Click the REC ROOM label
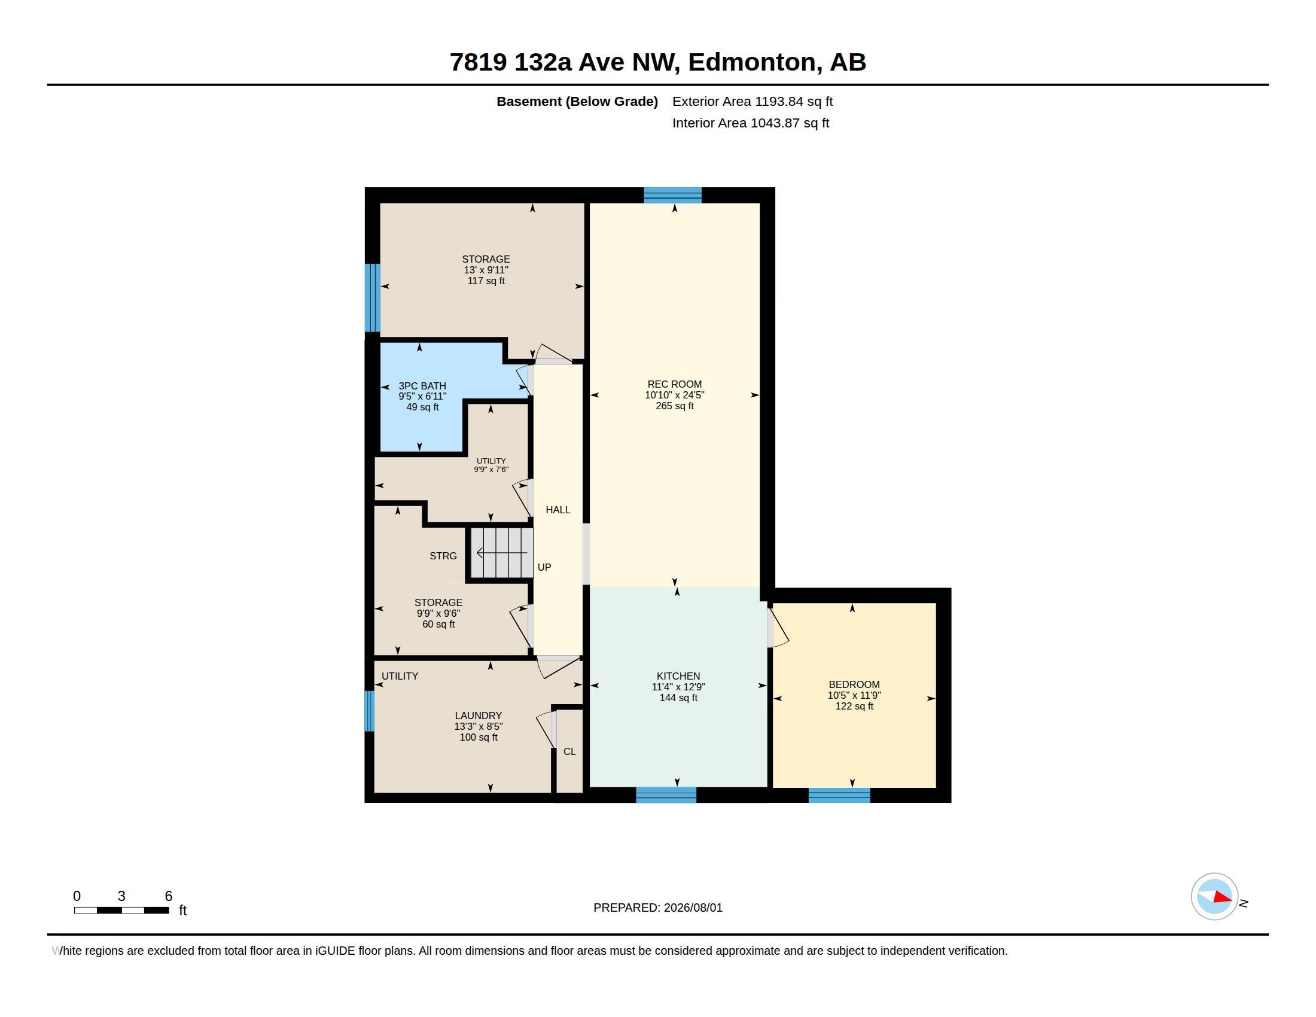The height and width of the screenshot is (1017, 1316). (x=674, y=384)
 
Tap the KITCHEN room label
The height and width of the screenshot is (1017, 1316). (x=678, y=676)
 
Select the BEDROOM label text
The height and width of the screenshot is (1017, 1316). (x=854, y=684)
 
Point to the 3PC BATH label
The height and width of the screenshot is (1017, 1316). (x=422, y=386)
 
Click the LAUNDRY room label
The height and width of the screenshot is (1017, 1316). (x=479, y=715)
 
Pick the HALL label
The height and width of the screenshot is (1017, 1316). (x=558, y=510)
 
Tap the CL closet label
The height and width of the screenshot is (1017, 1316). (x=569, y=751)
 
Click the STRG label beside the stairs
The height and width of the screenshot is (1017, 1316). (x=443, y=556)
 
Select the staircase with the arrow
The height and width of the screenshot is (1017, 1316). (x=501, y=553)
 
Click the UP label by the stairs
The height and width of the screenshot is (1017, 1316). (x=544, y=567)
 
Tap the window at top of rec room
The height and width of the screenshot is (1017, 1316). (x=672, y=195)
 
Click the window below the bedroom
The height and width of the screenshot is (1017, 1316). (x=839, y=795)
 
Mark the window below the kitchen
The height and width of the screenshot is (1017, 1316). (x=666, y=795)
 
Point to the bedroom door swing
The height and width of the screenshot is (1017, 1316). (x=778, y=628)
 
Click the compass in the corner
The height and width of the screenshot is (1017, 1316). (x=1214, y=897)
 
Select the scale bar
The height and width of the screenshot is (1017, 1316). (x=121, y=911)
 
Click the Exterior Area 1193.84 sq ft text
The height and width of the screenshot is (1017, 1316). (x=753, y=101)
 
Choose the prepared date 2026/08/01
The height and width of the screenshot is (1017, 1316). (x=693, y=908)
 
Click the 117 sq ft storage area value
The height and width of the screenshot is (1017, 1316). (x=486, y=281)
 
